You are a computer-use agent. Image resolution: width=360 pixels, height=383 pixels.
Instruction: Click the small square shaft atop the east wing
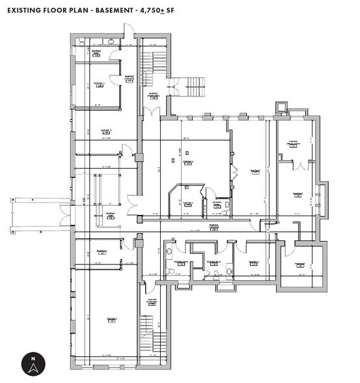tap(282, 106)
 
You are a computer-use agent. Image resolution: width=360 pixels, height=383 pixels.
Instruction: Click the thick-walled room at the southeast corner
tap(301, 266)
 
